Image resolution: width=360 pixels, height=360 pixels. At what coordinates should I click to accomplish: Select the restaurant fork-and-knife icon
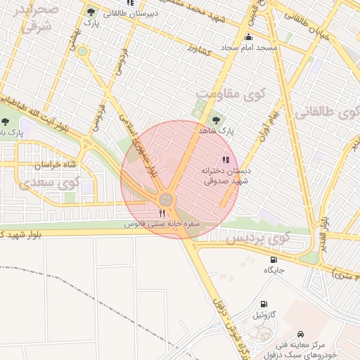162,212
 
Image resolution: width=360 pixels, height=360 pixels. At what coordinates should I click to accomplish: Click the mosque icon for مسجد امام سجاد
247,37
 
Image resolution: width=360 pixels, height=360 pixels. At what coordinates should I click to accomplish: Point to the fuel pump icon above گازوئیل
263,304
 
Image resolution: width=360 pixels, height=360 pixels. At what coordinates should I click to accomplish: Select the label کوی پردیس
257,239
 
